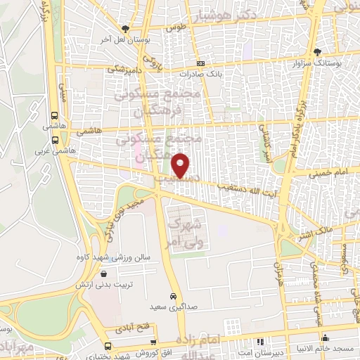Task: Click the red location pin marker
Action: (181, 165)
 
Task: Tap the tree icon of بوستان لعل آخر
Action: (125, 29)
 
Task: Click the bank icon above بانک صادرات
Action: (200, 63)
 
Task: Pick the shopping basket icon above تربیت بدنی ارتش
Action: (104, 275)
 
